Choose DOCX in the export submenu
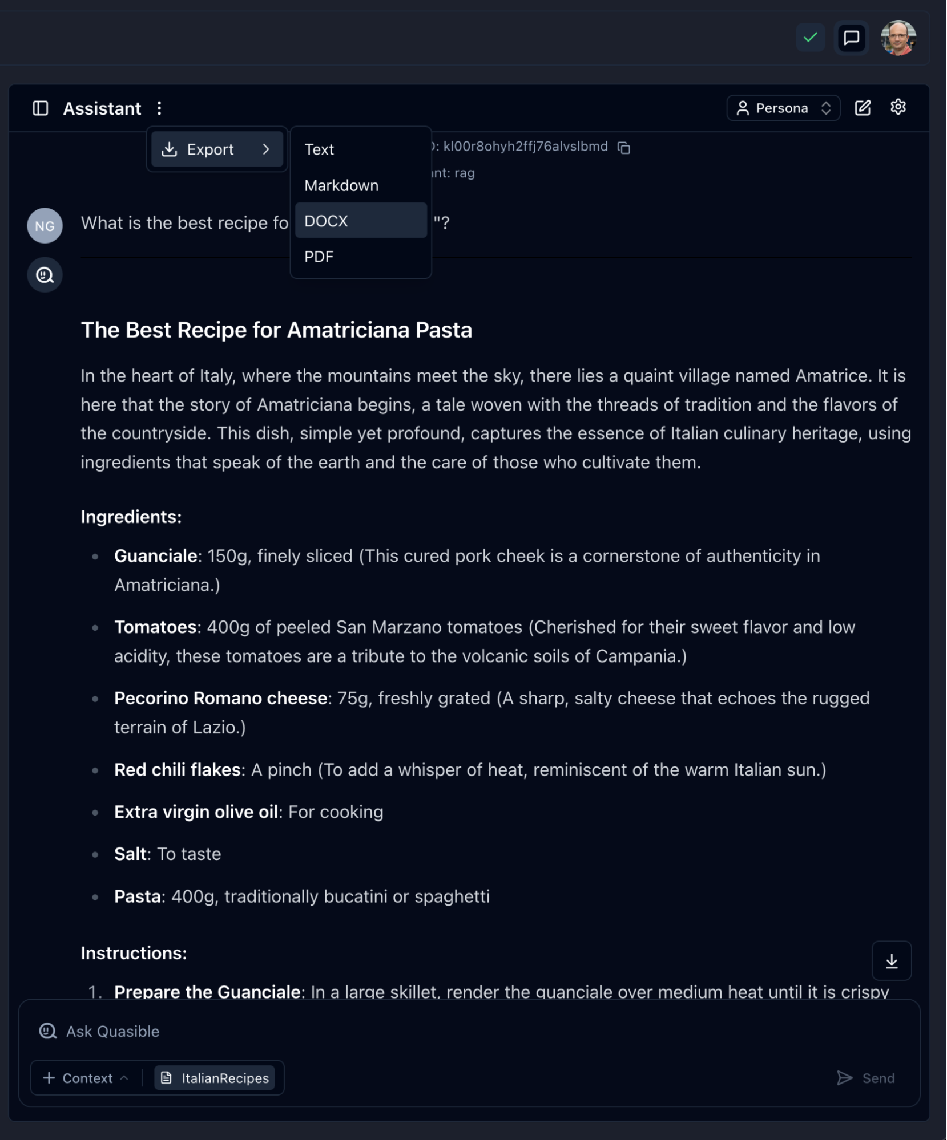(360, 221)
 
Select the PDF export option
(360, 257)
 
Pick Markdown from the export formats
(360, 185)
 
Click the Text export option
(360, 149)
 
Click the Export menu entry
(217, 149)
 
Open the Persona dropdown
(783, 108)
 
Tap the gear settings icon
(898, 107)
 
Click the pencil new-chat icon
(863, 108)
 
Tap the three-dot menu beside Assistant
(159, 108)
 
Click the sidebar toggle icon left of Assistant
(41, 108)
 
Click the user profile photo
(898, 38)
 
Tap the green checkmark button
(810, 38)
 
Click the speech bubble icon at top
(851, 38)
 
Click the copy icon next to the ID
(624, 148)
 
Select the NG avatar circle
(45, 226)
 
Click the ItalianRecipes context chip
(215, 1078)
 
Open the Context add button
(85, 1078)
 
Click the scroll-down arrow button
(891, 961)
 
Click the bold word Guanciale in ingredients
(155, 556)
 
